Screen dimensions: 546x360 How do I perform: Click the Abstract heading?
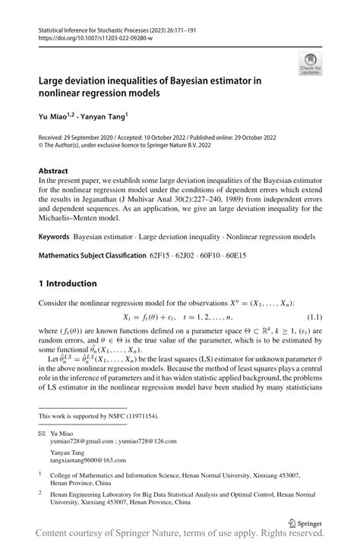[x=54, y=172]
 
